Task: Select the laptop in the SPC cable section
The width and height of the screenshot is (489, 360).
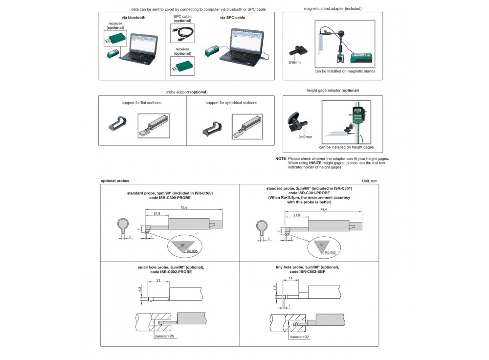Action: pos(243,47)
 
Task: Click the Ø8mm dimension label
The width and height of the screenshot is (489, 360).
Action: pos(295,62)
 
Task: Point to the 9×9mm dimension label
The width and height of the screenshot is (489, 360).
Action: pos(305,137)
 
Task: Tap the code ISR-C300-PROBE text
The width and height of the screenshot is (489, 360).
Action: pos(170,198)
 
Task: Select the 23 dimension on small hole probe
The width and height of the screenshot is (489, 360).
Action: pos(158,280)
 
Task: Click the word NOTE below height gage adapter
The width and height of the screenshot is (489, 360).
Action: pos(281,159)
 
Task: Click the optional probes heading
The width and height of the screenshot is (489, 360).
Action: pos(115,181)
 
